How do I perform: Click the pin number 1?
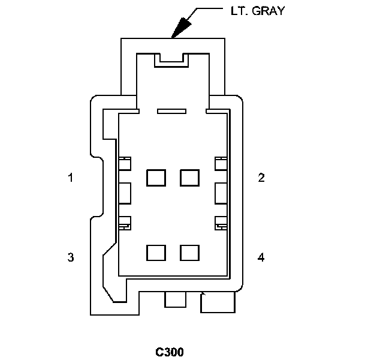[x=71, y=178]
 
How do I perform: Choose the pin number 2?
[x=261, y=178]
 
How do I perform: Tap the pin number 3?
[x=71, y=257]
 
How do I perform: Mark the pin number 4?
[x=261, y=257]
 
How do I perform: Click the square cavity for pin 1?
[x=156, y=178]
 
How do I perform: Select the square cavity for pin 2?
[x=189, y=178]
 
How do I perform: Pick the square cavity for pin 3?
[x=156, y=253]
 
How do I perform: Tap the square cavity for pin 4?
[x=189, y=253]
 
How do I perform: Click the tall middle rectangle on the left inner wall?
[x=125, y=193]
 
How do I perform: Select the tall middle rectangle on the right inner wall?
[x=221, y=193]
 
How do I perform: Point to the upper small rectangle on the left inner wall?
[x=125, y=163]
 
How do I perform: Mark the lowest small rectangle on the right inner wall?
[x=221, y=223]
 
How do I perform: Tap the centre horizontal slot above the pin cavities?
[x=172, y=111]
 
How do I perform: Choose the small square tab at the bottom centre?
[x=175, y=299]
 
